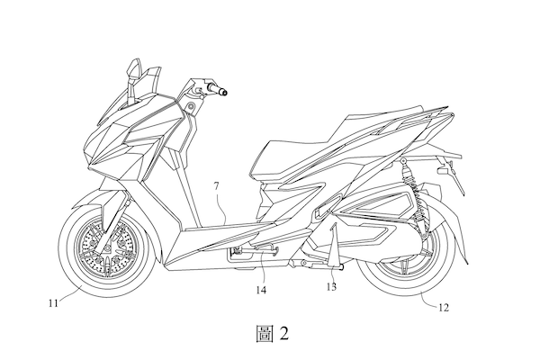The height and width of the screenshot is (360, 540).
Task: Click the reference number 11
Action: point(53,303)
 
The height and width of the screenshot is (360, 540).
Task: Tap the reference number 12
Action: point(444,307)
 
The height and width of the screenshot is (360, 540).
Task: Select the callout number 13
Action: point(331,286)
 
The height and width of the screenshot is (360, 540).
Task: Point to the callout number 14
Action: point(261,290)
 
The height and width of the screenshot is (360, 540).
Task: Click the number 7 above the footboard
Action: point(216,186)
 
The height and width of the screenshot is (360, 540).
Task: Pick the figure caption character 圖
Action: point(265,334)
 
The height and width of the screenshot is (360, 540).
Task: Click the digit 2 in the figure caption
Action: point(284,334)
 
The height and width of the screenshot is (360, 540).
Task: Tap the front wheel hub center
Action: point(105,248)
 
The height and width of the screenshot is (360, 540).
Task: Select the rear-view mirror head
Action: point(134,68)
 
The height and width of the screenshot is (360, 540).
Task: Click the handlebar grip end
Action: point(224,92)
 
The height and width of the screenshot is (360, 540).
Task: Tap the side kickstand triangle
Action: point(333,247)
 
